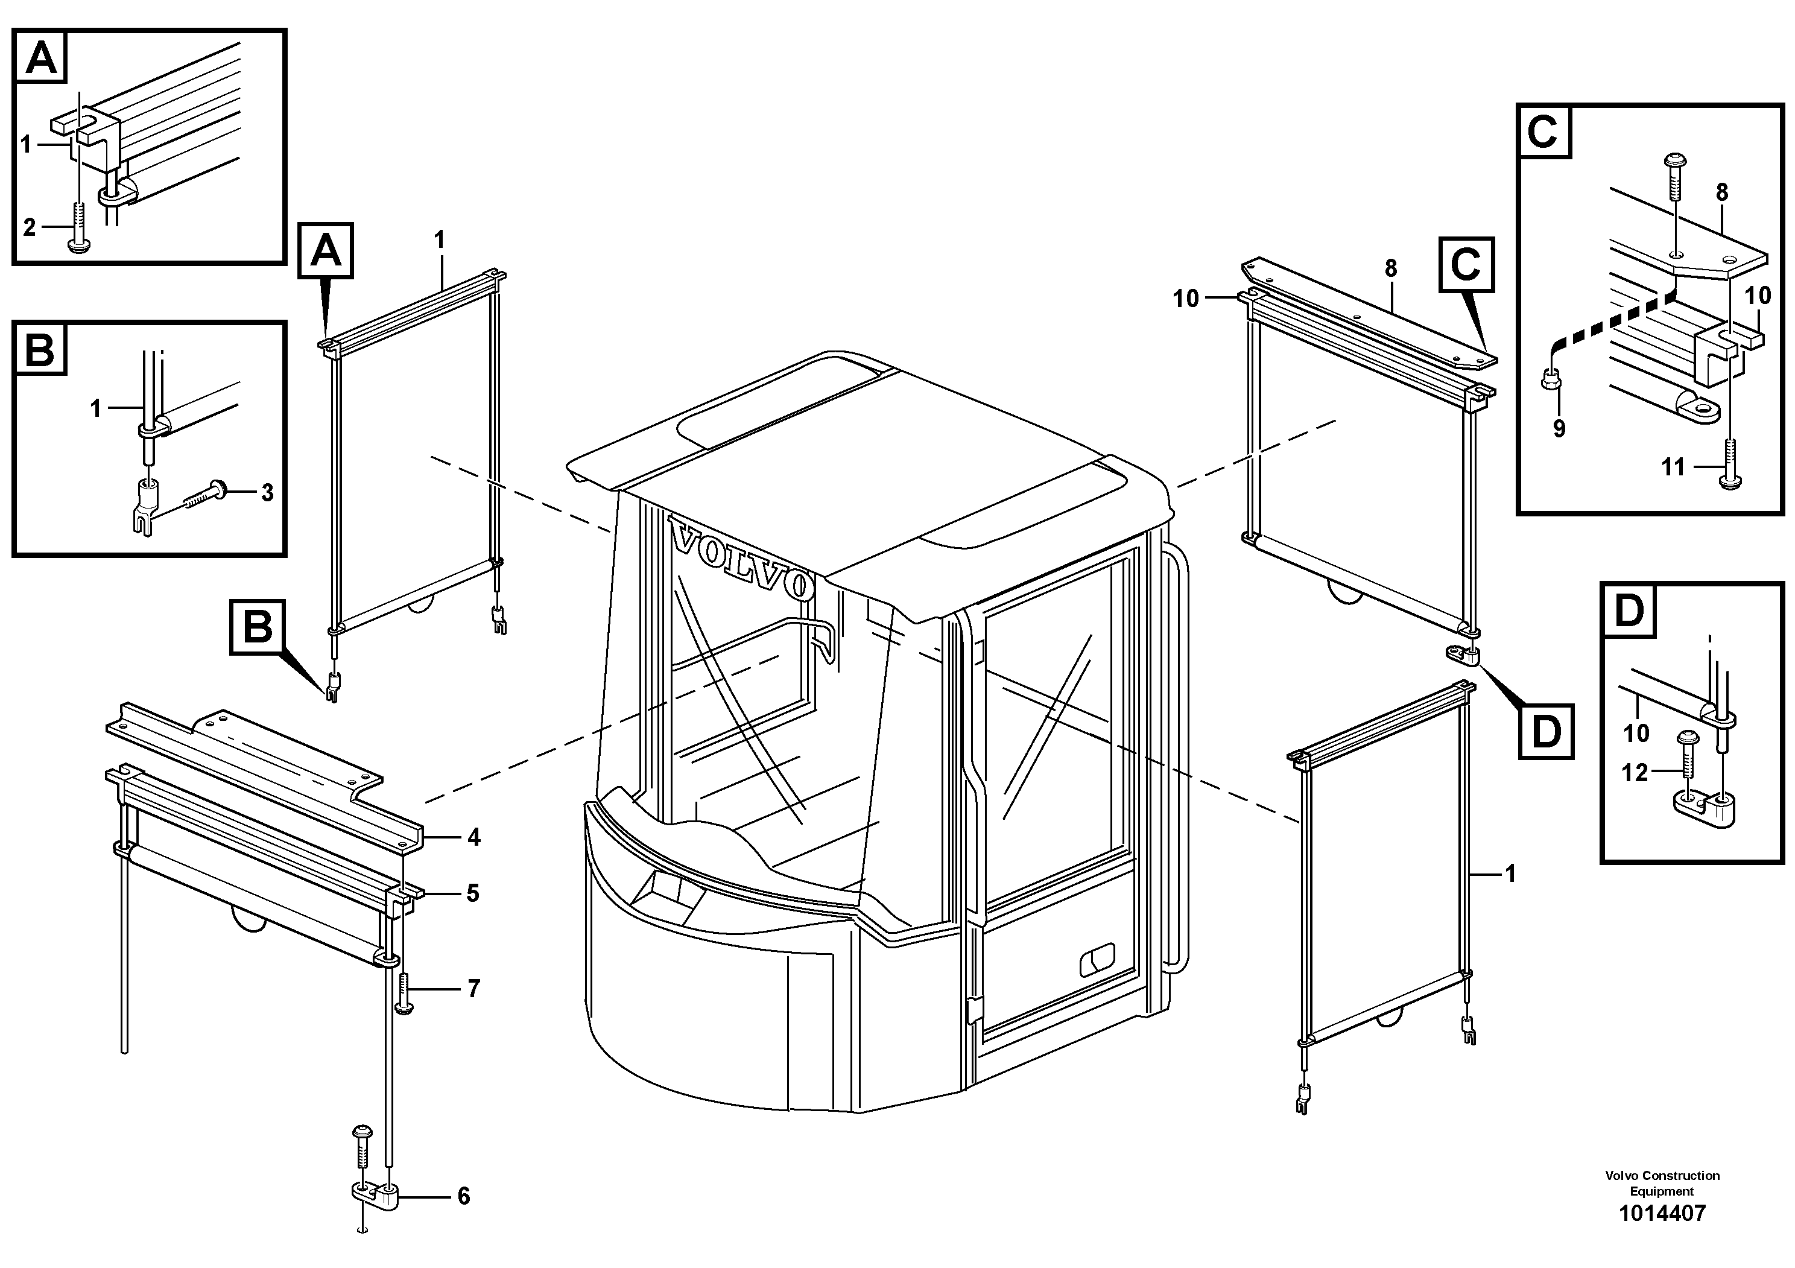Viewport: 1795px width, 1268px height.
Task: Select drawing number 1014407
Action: (x=1662, y=1213)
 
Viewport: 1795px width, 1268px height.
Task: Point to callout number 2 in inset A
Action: (x=29, y=227)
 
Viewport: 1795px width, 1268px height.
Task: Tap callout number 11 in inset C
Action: (x=1673, y=468)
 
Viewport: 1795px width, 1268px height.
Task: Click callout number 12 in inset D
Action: (x=1635, y=772)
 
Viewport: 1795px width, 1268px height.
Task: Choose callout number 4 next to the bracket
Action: (x=473, y=837)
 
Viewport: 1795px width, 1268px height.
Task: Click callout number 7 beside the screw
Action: (x=473, y=989)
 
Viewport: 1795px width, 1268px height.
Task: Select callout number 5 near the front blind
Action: (x=472, y=893)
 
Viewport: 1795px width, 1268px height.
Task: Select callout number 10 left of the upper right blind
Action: (x=1185, y=299)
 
